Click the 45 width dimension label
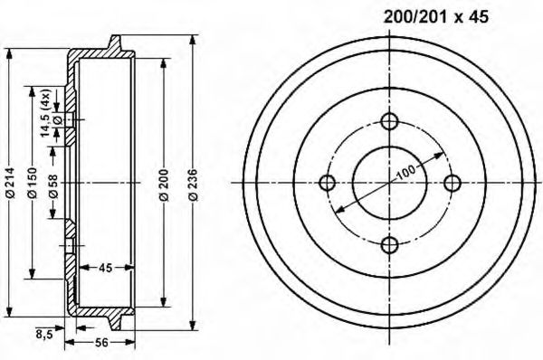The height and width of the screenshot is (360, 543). coord(105,267)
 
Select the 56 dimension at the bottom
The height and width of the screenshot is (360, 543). coord(101,343)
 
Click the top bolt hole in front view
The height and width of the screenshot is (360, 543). coord(389,122)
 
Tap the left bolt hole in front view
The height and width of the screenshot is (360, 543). coord(329,183)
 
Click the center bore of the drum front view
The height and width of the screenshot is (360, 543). coord(389,183)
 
